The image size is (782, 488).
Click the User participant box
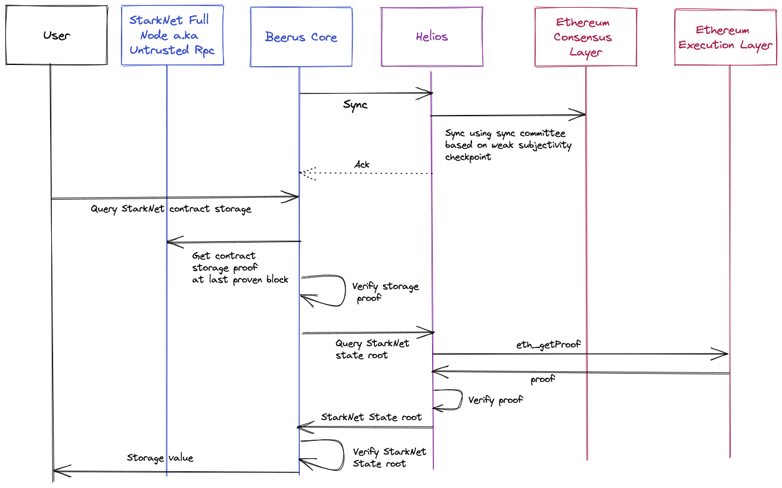click(57, 35)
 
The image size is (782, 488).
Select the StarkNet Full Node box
click(172, 35)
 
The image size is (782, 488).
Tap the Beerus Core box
click(301, 37)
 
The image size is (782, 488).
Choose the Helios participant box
click(432, 36)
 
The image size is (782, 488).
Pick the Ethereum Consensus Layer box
click(585, 37)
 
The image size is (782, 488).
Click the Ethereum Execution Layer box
click(725, 37)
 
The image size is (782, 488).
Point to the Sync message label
click(355, 105)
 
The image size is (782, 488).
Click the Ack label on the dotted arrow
click(362, 164)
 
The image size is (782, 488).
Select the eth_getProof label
click(548, 344)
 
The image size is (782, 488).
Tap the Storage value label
click(160, 458)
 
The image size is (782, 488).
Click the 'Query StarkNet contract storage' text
click(171, 209)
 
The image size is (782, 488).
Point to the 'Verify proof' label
click(495, 400)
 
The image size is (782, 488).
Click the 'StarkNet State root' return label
click(371, 417)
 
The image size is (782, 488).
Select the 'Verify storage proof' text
click(385, 292)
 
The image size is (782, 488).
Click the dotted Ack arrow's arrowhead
click(303, 173)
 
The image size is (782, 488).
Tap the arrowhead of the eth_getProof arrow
click(724, 354)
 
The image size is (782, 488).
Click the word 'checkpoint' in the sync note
click(468, 157)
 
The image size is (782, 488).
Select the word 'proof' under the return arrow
click(542, 379)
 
